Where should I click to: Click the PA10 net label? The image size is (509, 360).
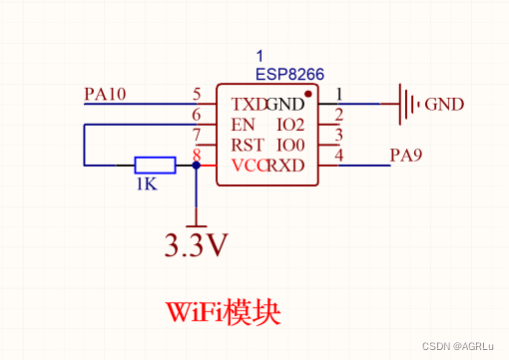coord(106,95)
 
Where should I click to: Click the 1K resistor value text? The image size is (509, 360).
coord(147,184)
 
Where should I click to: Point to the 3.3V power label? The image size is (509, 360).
coord(197,244)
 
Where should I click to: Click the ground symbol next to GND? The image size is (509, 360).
coord(408,104)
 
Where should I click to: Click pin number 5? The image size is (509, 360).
coord(197,95)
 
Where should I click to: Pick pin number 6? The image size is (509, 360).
coord(197,116)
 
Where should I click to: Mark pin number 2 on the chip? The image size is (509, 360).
coord(338,115)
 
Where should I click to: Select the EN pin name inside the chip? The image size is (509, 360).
coord(243,125)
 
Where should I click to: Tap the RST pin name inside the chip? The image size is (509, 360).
coord(246,146)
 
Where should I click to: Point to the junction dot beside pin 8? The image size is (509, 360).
coord(197,166)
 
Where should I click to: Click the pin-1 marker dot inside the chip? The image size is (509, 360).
coord(308,96)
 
